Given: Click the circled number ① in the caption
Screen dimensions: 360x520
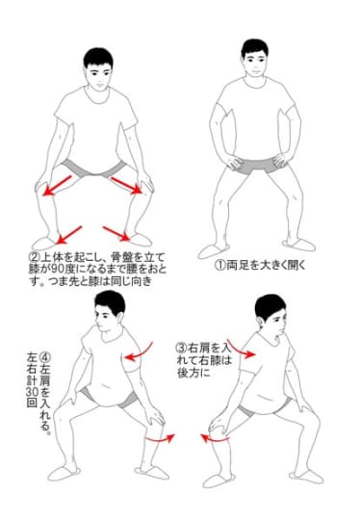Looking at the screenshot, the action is (219, 266).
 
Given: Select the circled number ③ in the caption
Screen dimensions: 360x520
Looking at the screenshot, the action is (182, 349).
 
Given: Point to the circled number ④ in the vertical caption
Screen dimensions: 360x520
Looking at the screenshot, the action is (45, 358).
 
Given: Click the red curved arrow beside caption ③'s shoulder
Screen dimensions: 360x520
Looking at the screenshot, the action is (241, 349).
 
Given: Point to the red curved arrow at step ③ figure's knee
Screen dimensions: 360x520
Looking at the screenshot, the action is (215, 438).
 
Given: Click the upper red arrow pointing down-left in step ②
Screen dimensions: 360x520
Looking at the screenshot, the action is (58, 186).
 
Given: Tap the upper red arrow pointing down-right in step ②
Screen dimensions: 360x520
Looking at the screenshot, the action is (126, 185).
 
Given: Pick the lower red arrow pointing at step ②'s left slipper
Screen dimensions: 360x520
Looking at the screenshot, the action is (69, 235).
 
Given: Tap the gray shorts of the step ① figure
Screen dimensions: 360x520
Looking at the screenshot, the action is (257, 167).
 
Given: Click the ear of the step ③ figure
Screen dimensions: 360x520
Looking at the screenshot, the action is (260, 323).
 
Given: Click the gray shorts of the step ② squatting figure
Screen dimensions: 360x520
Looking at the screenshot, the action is (95, 169).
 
